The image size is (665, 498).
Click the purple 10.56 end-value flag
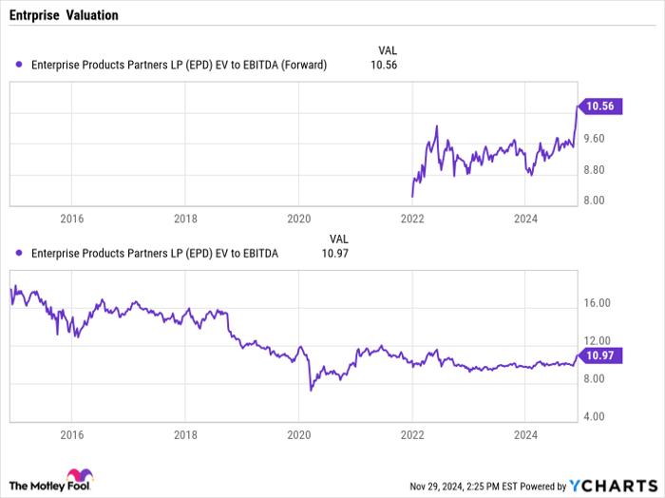click(599, 106)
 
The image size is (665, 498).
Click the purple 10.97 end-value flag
click(599, 355)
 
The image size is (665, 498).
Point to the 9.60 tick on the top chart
click(596, 139)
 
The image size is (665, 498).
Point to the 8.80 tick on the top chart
click(596, 170)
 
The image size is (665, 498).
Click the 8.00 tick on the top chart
click(596, 201)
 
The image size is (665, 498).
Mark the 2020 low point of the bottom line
click(311, 390)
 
